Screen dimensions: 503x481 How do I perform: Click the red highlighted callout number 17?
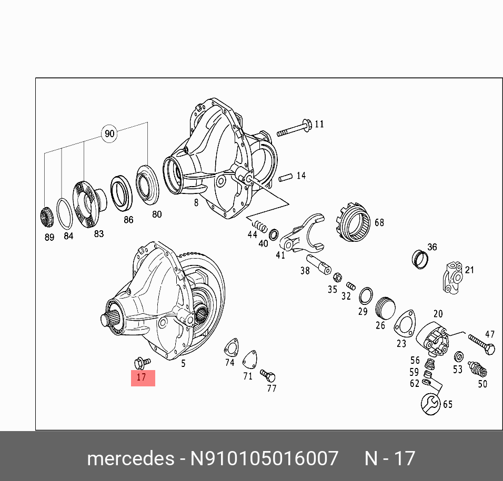tap(143, 378)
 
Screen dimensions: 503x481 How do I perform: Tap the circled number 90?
tap(109, 134)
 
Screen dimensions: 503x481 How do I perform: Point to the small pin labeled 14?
tap(285, 177)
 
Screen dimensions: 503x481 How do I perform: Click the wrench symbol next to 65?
tap(430, 404)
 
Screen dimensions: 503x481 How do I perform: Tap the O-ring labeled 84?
tap(64, 214)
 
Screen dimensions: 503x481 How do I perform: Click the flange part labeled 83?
tap(88, 204)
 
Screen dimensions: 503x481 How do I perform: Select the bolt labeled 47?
tap(481, 344)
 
